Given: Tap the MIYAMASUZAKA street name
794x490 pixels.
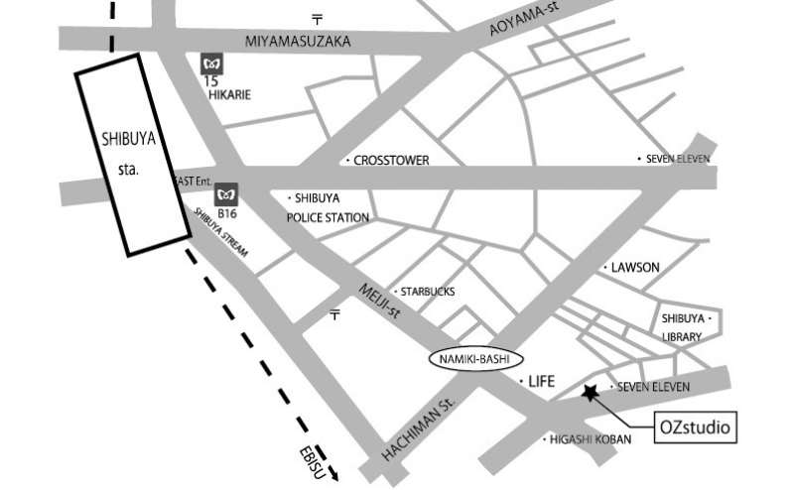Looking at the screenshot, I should (299, 40).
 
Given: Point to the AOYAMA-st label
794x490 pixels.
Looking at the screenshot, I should (527, 20).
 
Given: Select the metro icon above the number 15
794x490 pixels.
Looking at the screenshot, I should (210, 62).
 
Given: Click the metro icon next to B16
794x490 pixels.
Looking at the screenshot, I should (227, 191).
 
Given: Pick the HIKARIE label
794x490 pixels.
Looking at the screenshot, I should (228, 96).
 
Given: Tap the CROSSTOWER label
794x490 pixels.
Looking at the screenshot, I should (390, 160).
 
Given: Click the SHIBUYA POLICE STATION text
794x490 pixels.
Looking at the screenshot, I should (328, 207).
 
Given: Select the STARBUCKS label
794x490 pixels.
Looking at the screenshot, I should (426, 292).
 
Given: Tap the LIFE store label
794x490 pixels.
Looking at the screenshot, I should (540, 381).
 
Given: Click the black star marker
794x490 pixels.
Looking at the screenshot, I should (592, 394).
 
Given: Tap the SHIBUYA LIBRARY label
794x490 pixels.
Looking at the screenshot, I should (683, 327).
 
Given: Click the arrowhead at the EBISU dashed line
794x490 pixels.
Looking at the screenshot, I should (333, 473).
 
